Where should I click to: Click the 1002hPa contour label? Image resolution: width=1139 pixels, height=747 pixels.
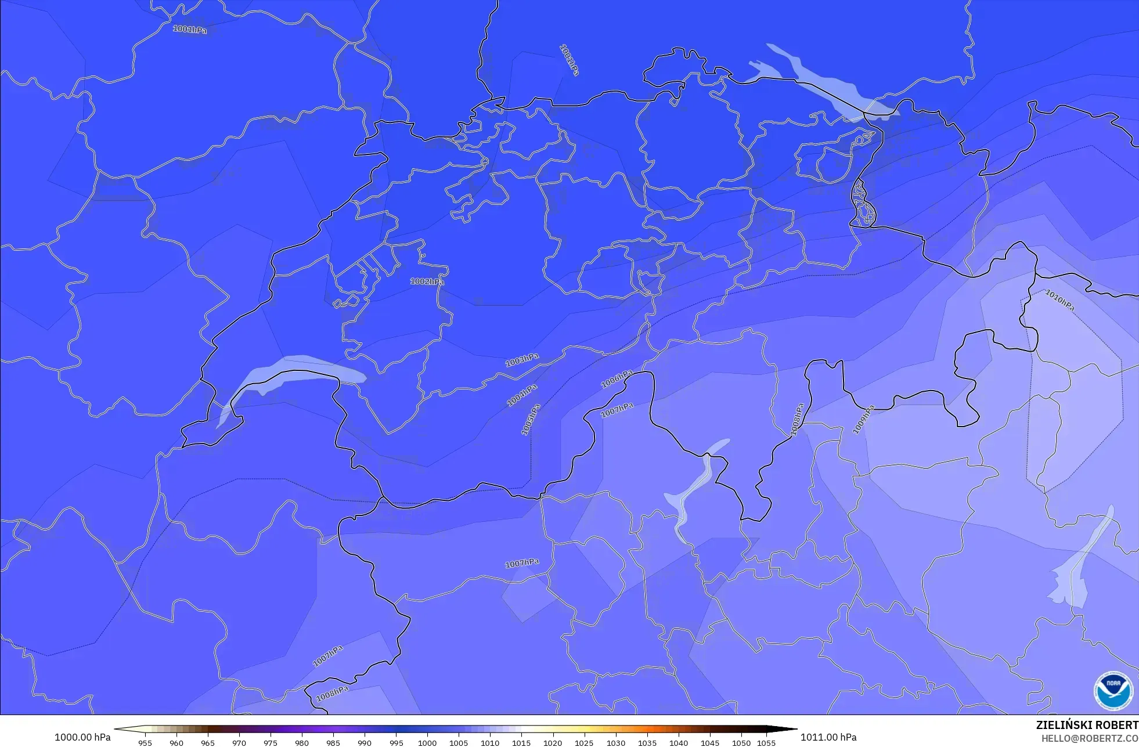point(427,282)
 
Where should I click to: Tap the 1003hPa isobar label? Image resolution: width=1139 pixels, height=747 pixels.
point(521,360)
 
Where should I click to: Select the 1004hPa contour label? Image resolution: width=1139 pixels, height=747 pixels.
point(522,395)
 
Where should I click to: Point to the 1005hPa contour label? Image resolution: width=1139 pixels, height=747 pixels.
point(531,420)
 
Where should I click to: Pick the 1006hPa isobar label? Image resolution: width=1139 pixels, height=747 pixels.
point(617,379)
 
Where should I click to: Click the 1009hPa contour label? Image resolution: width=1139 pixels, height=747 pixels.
point(863,420)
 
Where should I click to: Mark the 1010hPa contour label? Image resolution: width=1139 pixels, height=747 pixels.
point(1059,300)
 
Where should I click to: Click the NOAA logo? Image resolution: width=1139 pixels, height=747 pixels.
point(1113,691)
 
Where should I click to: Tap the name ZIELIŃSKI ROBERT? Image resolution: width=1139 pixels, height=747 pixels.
point(1087,725)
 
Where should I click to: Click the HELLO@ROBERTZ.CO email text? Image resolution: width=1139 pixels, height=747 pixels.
point(1089,738)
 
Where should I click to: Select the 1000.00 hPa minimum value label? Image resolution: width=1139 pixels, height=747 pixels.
point(82,737)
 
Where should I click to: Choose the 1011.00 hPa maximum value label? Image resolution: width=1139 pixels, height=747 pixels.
point(828,737)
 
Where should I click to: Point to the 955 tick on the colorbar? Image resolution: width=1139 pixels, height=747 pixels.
point(145,742)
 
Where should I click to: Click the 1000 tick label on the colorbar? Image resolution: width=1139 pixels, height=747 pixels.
point(427,742)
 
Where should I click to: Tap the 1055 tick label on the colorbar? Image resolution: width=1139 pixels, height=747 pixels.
point(766,742)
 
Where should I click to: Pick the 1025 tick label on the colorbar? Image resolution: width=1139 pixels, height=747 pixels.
point(584,742)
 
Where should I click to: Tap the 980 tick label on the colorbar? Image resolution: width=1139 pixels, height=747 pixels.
point(302,742)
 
